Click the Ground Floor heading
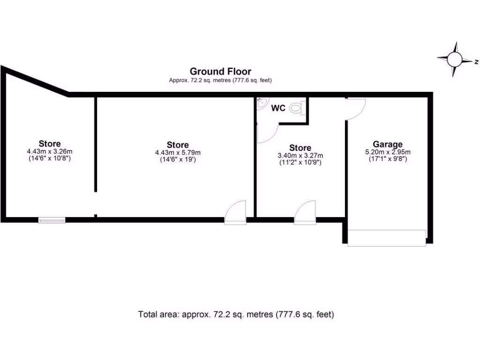[x=220, y=72]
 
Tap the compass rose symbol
[x=454, y=60]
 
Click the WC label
[x=278, y=108]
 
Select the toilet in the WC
[x=296, y=108]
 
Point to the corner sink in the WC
[x=262, y=103]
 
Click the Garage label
[x=388, y=144]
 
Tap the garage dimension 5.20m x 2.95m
[x=388, y=152]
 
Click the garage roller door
[x=387, y=238]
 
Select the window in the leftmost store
[x=52, y=220]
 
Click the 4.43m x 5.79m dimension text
[x=178, y=152]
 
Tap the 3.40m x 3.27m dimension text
[x=300, y=156]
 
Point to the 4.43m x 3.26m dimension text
[x=50, y=151]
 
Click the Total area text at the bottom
[x=236, y=314]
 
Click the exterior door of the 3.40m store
[x=305, y=213]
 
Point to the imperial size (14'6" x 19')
[x=178, y=159]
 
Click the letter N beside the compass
[x=475, y=61]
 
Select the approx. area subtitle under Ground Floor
[x=220, y=81]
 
